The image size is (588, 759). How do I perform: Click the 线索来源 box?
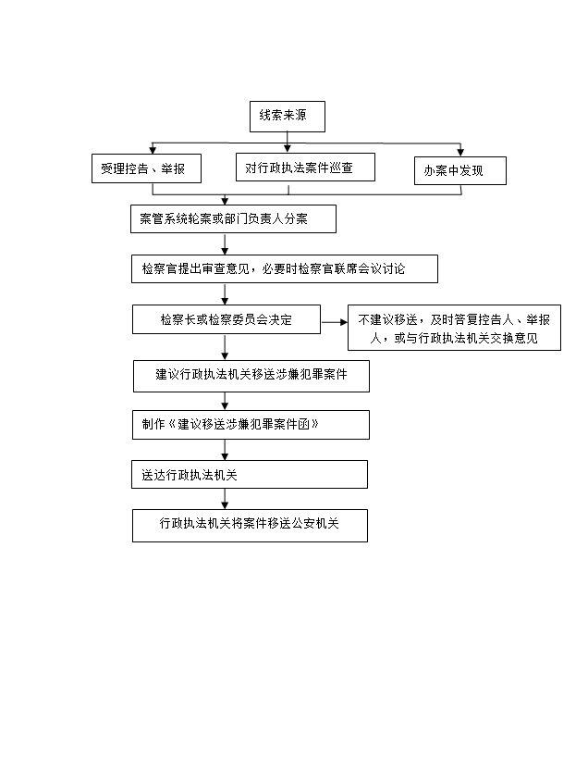(x=288, y=117)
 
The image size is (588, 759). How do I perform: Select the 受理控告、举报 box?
(x=146, y=168)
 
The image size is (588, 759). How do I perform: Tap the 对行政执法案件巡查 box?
(x=305, y=167)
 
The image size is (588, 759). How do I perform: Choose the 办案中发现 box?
(x=460, y=170)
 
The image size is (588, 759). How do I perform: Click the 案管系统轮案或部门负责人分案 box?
(x=233, y=218)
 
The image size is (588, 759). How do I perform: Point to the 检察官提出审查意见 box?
(x=285, y=268)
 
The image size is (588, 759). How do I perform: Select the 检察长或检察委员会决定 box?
(x=227, y=319)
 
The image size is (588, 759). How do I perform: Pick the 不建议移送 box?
(x=454, y=328)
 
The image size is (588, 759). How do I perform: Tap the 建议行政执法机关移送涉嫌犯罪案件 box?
(x=251, y=376)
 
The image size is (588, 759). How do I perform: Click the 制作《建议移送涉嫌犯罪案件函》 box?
(x=251, y=425)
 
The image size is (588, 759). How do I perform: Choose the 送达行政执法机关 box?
(x=249, y=474)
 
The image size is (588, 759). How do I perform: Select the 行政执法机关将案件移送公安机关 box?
(x=250, y=525)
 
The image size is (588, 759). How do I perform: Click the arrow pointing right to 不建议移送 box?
(x=334, y=322)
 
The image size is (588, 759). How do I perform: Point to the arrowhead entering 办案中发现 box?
(x=460, y=153)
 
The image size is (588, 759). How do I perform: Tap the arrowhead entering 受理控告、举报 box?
(x=153, y=150)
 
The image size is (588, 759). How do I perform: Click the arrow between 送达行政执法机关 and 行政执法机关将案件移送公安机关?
(x=225, y=499)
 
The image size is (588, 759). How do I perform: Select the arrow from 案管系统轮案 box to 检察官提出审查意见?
(x=225, y=244)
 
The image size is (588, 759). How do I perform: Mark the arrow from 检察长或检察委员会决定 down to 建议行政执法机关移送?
(x=225, y=346)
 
